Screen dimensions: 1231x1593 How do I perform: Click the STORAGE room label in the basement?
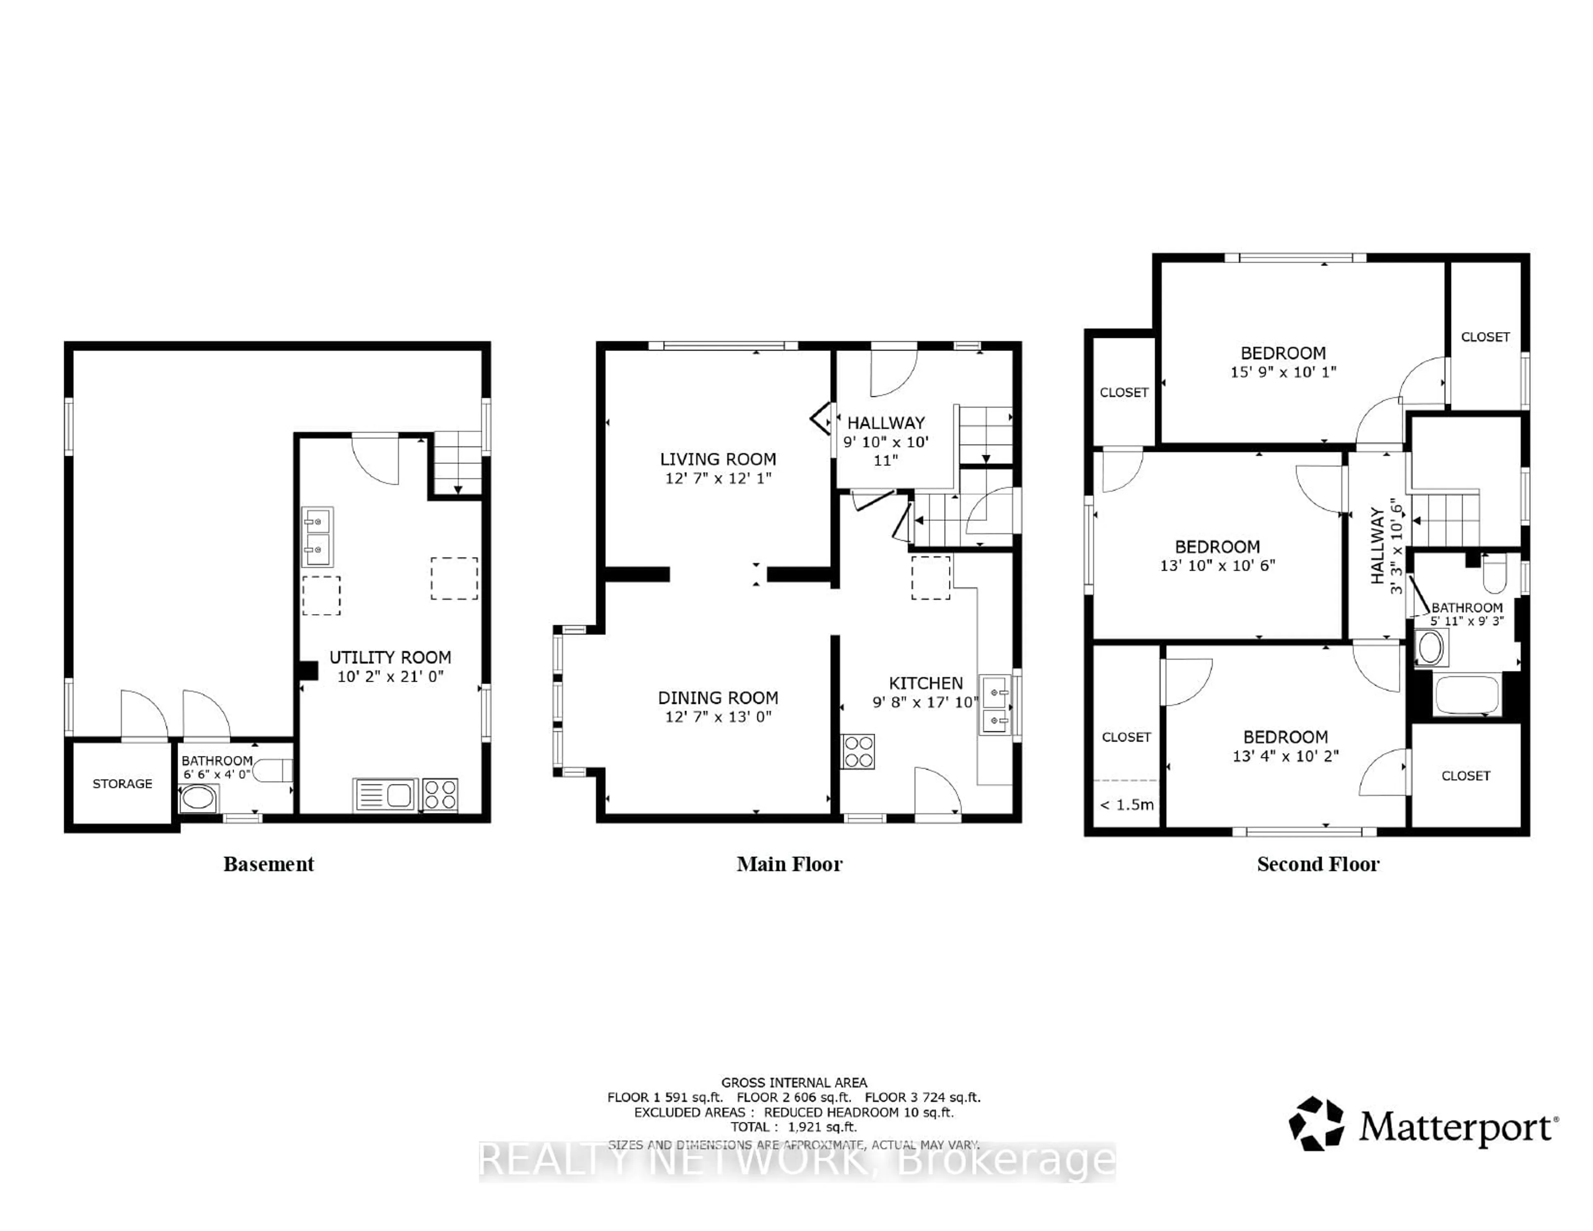[122, 784]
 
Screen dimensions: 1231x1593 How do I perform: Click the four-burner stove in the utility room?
[440, 795]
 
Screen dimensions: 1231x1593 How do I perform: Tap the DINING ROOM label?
[718, 697]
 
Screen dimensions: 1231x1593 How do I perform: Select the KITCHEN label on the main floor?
[926, 683]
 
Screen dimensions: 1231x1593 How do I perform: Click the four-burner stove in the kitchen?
[858, 752]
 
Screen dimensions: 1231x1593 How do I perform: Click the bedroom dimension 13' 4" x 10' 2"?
[1285, 756]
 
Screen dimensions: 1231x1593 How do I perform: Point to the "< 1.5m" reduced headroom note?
[1126, 805]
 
